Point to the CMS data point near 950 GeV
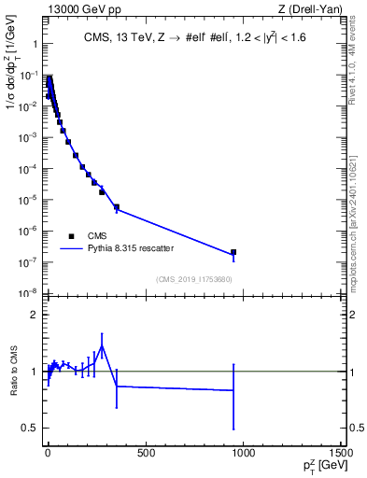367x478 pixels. pyautogui.click(x=233, y=252)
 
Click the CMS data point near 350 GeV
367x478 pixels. pyautogui.click(x=117, y=207)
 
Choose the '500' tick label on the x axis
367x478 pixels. pyautogui.click(x=145, y=453)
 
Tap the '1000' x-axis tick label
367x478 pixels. pyautogui.click(x=242, y=453)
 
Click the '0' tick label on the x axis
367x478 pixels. pyautogui.click(x=48, y=453)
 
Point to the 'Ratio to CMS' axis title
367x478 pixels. pyautogui.click(x=14, y=371)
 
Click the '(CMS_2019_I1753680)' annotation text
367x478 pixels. pyautogui.click(x=194, y=279)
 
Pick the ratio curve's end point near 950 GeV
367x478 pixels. pyautogui.click(x=233, y=390)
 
